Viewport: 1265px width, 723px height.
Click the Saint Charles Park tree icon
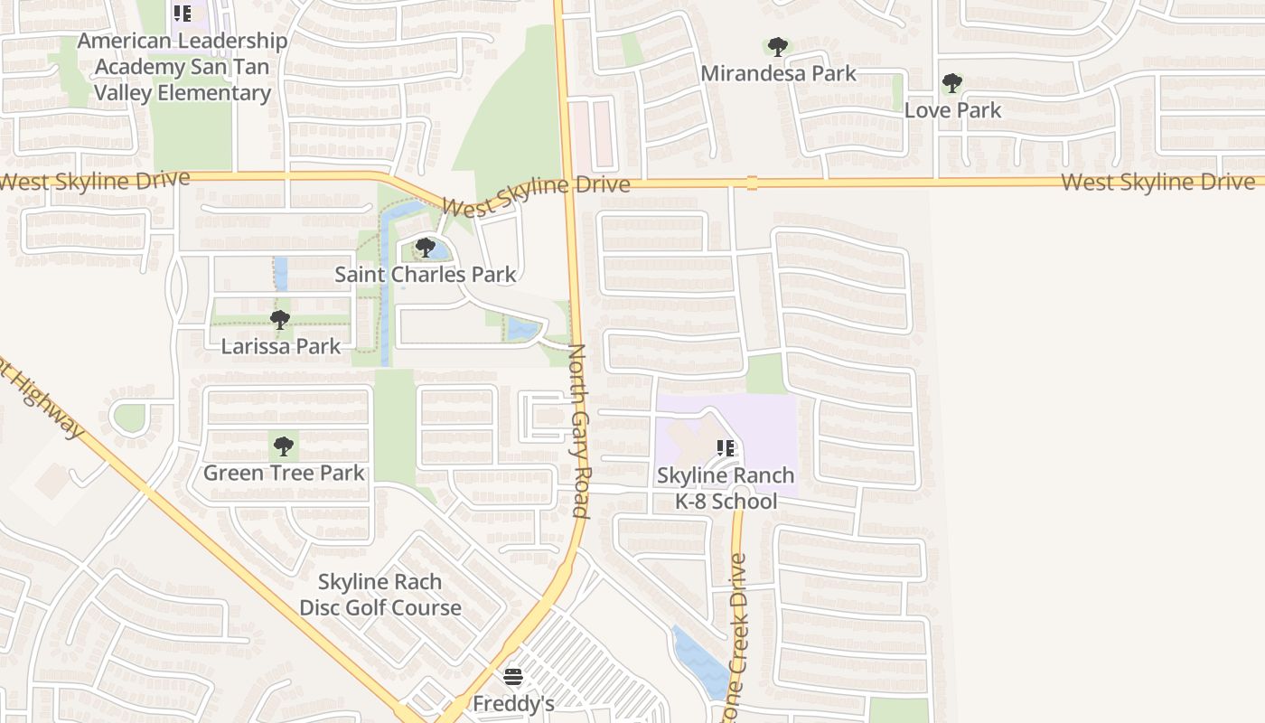tap(426, 247)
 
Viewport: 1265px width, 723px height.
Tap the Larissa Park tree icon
tap(280, 319)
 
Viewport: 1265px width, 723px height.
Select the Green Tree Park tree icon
tap(284, 446)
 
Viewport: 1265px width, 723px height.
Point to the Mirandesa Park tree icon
tap(777, 47)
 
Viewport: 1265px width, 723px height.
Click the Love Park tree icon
tap(951, 84)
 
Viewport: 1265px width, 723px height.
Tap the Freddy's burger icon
tap(513, 677)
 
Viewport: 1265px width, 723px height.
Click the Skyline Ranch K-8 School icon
tap(725, 448)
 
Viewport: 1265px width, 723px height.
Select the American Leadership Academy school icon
tap(183, 14)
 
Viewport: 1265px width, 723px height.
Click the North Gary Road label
tap(578, 431)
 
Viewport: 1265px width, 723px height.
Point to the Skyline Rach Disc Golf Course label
tap(380, 595)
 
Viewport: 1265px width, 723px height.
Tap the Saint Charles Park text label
tap(426, 275)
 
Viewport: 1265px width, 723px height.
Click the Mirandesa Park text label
tap(778, 73)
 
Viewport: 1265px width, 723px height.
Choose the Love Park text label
tap(953, 110)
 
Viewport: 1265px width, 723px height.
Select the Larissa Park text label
tap(281, 346)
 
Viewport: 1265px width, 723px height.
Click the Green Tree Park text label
tap(284, 473)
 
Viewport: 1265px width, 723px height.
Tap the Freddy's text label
tap(513, 703)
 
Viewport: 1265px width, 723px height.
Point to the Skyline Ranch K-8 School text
tap(726, 488)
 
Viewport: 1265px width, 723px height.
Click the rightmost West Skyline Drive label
tap(1157, 183)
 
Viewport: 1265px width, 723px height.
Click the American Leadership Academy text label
tap(183, 67)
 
